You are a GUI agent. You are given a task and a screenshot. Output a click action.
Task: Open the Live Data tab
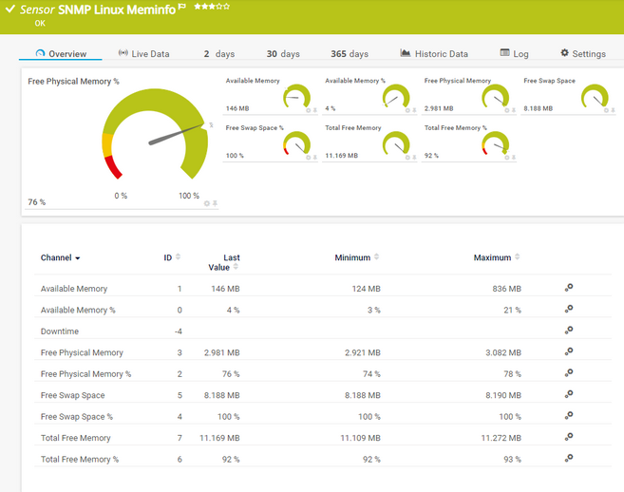(143, 54)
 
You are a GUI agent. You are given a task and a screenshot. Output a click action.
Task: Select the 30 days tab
(283, 54)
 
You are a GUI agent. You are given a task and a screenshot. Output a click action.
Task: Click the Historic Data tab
(434, 54)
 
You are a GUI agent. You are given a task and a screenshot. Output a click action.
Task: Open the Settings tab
(582, 54)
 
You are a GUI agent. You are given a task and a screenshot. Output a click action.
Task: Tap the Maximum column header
(492, 257)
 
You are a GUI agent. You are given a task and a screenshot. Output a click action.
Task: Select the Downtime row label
(60, 331)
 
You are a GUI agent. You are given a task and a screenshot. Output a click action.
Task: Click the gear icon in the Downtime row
(569, 331)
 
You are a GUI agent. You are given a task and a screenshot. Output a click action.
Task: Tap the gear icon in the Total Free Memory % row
(569, 459)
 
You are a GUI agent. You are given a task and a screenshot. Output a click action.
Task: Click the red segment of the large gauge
(114, 169)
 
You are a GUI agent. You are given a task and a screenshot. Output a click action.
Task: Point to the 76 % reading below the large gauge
(37, 202)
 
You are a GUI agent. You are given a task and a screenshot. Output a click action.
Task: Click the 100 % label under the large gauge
(189, 196)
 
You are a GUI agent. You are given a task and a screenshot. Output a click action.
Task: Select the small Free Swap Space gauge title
(549, 81)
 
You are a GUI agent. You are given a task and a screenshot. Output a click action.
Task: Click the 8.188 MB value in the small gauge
(539, 108)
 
